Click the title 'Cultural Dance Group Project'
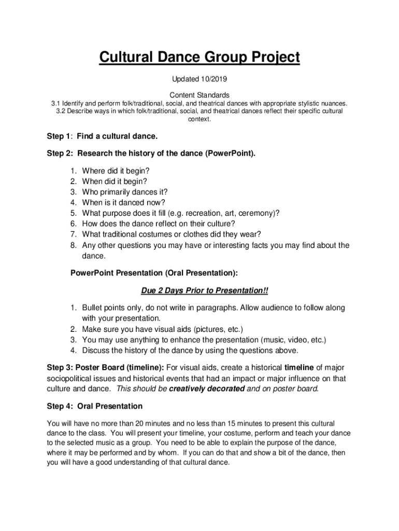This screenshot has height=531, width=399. click(199, 58)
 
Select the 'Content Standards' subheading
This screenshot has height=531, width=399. click(199, 95)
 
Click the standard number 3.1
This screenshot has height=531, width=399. click(55, 103)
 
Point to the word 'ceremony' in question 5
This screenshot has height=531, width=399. click(258, 213)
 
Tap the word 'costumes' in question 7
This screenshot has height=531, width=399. click(162, 234)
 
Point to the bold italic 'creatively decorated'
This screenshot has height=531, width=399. click(207, 388)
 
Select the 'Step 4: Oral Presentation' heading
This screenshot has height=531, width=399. click(94, 406)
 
